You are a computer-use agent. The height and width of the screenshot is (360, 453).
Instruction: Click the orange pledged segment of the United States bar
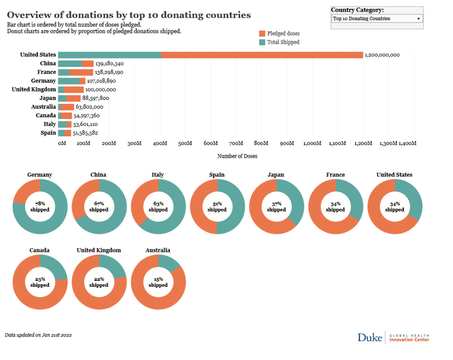pos(262,55)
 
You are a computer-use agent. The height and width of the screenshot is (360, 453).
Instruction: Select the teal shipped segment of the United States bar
pos(110,55)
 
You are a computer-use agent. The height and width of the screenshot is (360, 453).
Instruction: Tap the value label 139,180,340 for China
pos(109,64)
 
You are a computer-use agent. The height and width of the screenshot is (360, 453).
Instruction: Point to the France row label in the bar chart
pos(47,72)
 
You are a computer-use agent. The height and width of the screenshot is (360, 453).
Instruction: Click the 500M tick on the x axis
pos(185,143)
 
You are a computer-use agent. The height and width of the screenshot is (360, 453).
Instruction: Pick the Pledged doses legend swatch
pos(262,33)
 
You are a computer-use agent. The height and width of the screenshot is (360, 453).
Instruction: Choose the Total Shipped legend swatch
pos(262,42)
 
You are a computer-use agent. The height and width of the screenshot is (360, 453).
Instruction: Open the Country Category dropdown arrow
pos(419,19)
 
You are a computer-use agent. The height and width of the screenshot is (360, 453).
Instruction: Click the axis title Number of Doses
pos(237,156)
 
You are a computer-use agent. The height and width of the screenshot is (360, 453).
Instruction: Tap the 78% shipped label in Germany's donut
pos(40,207)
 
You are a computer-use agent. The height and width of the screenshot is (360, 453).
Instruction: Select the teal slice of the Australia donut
pos(170,262)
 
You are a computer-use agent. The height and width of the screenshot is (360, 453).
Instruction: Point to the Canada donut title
pos(39,250)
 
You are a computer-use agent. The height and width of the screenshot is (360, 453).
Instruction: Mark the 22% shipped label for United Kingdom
pos(99,282)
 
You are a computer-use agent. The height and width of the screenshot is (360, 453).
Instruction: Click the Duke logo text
pos(369,337)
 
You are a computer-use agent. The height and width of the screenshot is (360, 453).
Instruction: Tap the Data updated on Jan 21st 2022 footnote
pos(38,335)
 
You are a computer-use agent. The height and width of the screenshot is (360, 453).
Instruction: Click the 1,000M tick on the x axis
pos(312,143)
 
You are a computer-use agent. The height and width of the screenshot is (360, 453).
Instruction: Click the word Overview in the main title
pos(29,15)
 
